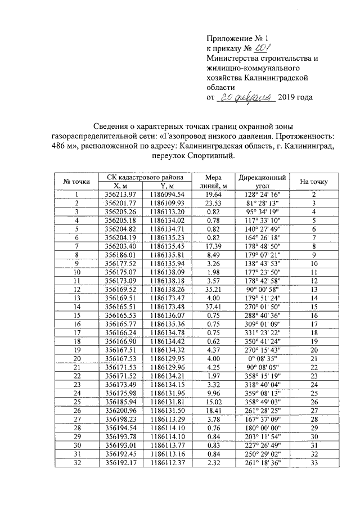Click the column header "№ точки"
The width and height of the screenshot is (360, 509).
[x=77, y=182]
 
